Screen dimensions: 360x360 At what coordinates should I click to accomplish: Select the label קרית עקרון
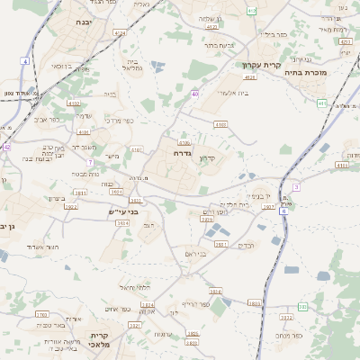(262, 65)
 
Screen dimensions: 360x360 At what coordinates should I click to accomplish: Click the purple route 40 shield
(195, 93)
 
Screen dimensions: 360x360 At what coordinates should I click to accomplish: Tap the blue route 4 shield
(25, 61)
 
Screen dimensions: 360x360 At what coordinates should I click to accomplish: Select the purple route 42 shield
(6, 146)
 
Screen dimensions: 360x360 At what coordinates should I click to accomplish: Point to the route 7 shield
(90, 162)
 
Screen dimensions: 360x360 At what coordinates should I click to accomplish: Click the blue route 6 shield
(283, 211)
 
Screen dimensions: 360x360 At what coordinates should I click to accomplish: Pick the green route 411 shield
(322, 103)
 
